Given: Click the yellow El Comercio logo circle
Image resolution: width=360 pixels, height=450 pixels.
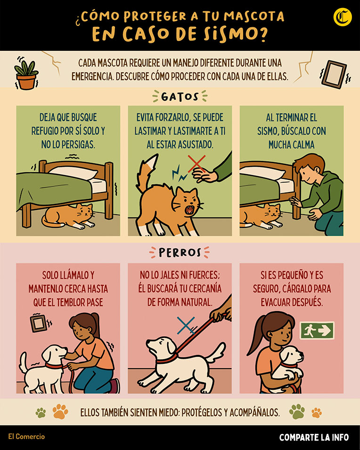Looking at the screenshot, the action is [x=343, y=17].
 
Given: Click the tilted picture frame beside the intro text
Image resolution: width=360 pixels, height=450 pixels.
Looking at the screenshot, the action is [x=334, y=74].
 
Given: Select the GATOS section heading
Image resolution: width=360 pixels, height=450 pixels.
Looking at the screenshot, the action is [x=180, y=96].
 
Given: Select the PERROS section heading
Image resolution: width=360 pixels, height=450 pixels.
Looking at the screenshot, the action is [x=180, y=253].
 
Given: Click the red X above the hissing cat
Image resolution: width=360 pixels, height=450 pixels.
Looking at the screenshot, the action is [x=196, y=164].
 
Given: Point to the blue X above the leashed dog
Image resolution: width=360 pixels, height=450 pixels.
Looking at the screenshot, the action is [x=186, y=325].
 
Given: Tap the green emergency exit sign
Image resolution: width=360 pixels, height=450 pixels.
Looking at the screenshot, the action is [x=317, y=330].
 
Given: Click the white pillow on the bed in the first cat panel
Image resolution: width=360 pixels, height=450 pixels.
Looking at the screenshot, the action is [x=73, y=172].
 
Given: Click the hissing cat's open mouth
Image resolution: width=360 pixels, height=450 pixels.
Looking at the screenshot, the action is [x=189, y=210].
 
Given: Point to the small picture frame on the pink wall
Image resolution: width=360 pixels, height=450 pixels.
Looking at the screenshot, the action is [x=39, y=323].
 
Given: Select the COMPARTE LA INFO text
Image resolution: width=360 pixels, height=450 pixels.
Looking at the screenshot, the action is [x=314, y=437].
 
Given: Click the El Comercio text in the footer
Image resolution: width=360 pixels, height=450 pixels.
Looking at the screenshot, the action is [x=26, y=436].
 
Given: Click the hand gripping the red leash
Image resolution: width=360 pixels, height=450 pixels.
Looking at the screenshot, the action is [x=221, y=315].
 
